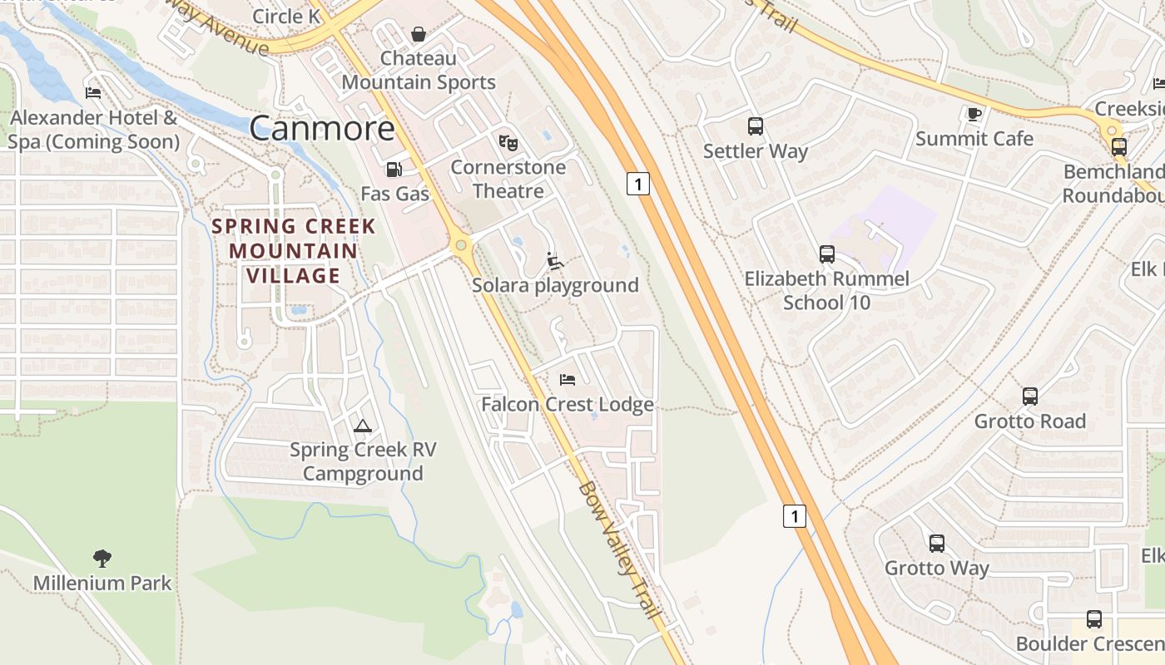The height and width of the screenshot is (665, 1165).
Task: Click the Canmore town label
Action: pos(322,128)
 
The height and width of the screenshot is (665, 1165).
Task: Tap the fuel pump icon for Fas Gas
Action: pos(394,170)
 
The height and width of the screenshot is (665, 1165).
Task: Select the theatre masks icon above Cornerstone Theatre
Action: pos(508,142)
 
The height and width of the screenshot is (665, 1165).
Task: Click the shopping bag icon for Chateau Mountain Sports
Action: pos(419,34)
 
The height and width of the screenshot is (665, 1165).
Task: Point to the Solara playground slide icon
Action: pos(554,261)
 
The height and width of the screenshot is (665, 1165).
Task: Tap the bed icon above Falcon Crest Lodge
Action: pos(568,380)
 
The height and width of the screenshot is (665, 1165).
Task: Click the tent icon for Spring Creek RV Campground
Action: pos(363,426)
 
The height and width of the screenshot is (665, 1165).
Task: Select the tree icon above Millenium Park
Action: pos(102,558)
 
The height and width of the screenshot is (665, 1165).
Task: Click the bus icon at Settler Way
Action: pos(756,126)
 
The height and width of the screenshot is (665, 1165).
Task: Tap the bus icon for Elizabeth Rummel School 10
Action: pos(826,254)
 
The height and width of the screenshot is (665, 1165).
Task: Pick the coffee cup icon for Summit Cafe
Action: pos(974,114)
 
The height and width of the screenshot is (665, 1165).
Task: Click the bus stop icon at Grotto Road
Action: pos(1030,397)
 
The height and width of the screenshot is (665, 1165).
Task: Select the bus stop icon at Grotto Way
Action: pos(937,544)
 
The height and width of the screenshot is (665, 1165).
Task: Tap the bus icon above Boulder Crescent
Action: pos(1094,619)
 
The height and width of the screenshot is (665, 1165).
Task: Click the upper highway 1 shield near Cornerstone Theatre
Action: pos(637,184)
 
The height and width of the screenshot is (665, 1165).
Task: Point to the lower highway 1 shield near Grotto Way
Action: pos(795,515)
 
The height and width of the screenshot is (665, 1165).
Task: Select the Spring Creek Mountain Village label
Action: pos(294,250)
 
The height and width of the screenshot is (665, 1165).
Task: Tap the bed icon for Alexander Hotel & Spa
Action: pos(93,93)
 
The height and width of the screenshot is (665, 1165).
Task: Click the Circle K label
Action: pos(285,16)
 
